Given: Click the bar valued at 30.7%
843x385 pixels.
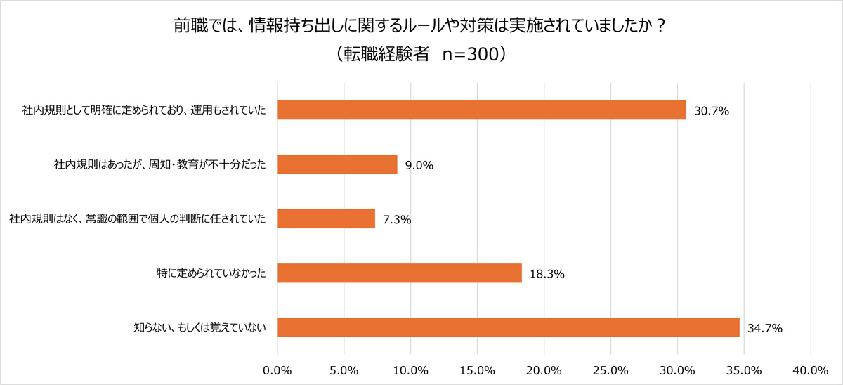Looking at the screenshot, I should coord(481,110).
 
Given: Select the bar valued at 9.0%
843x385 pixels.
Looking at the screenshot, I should coord(337,164).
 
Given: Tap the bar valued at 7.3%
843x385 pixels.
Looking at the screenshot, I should coord(326,218).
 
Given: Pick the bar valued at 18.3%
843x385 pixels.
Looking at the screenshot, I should coord(399,273).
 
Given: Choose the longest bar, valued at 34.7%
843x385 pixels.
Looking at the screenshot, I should coord(508,327).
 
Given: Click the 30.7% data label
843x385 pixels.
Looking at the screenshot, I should coord(712,111).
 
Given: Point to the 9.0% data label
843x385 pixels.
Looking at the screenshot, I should coord(419,165).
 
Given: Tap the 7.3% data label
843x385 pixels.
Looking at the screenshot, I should coord(397,219).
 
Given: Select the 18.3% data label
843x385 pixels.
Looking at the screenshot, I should coord(547,273).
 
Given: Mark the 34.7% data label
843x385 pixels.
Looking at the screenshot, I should coord(765,328).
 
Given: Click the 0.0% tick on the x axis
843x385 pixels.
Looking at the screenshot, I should coord(277,370).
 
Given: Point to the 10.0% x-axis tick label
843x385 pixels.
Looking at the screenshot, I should coord(411,370).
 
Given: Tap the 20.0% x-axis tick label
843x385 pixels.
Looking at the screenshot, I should coord(544,370).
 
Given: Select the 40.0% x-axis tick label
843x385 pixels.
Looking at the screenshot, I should coord(811,370).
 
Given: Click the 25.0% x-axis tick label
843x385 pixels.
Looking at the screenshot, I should coord(610,370).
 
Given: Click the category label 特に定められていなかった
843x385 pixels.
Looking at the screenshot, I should coord(211,273).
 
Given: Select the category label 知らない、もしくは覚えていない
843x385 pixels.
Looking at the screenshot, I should coord(200,327).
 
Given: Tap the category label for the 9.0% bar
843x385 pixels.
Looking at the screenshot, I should coord(160,164).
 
